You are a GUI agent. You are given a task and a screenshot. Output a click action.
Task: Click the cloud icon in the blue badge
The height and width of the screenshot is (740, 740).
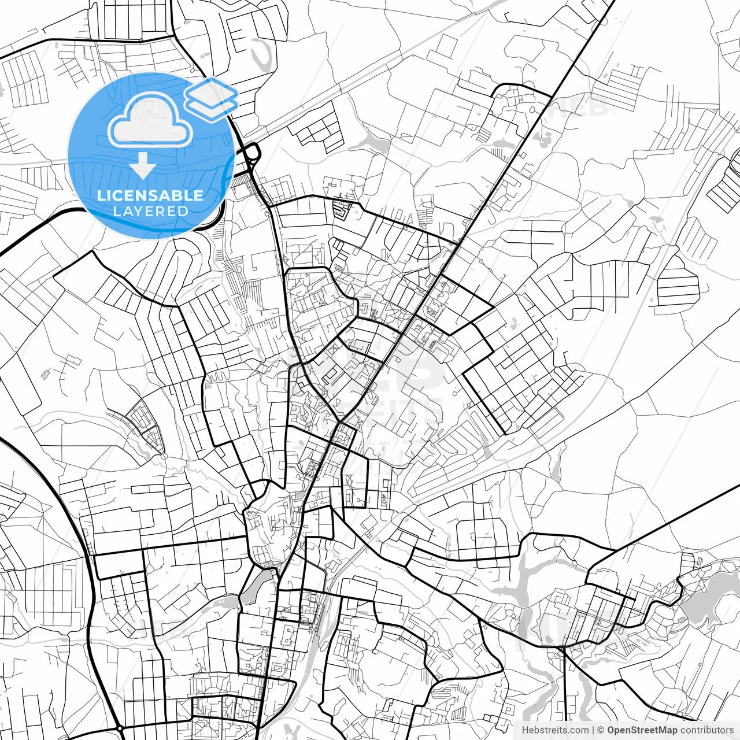tap(150, 120)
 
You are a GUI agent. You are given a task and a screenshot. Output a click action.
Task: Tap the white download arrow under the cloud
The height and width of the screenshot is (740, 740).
tap(142, 166)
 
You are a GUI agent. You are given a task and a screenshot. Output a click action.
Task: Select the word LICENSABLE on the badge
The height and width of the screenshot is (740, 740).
tap(150, 195)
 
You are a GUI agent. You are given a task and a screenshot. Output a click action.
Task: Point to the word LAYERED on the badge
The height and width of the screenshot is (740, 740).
tap(150, 211)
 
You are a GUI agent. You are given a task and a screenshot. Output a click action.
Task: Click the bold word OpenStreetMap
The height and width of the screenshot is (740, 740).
tap(642, 730)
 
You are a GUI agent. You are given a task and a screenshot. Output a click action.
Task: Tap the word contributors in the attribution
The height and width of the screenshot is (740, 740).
tap(706, 730)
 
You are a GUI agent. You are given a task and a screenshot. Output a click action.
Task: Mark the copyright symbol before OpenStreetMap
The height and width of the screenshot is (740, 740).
tap(601, 730)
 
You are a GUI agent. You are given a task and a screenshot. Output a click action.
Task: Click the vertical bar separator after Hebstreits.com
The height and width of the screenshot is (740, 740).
tap(593, 730)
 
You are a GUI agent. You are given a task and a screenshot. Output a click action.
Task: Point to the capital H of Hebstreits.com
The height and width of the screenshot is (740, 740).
tap(525, 730)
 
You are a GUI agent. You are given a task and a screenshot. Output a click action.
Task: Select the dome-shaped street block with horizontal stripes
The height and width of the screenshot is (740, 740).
tap(678, 283)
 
